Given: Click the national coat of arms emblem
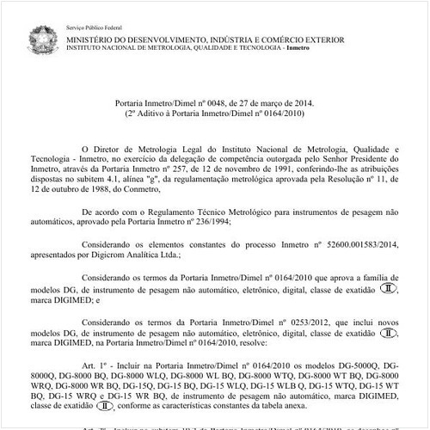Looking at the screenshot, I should point(40,39).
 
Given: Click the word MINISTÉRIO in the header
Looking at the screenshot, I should point(92,40).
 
